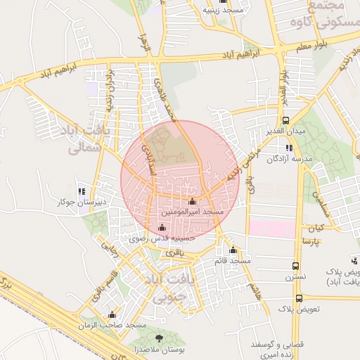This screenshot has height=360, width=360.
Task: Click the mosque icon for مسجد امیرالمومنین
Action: (x=193, y=202)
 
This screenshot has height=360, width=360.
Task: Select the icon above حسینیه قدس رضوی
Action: (x=163, y=228)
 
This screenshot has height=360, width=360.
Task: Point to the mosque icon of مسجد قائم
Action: (x=233, y=251)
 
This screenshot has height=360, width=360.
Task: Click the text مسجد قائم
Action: (x=233, y=261)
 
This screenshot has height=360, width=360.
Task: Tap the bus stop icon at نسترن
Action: (x=297, y=266)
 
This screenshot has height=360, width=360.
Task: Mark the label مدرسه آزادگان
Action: (x=288, y=158)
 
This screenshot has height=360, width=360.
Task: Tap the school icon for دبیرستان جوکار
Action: (x=82, y=191)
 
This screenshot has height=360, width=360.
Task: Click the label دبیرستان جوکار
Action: (x=82, y=202)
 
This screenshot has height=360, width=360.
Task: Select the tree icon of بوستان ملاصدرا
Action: (x=157, y=339)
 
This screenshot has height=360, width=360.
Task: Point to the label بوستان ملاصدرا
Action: (x=158, y=349)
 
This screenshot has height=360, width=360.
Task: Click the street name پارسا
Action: (x=310, y=241)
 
